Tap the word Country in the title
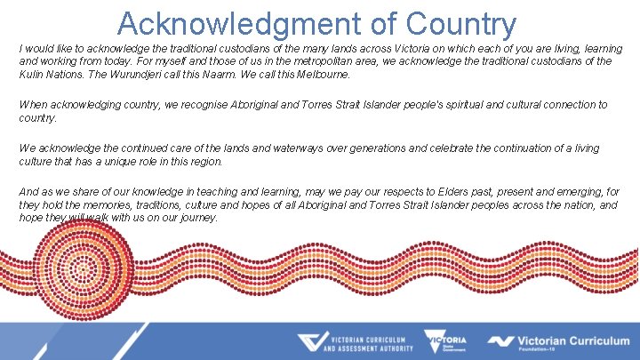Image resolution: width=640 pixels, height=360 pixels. pos(461,24)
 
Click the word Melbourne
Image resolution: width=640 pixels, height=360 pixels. pos(311,75)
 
